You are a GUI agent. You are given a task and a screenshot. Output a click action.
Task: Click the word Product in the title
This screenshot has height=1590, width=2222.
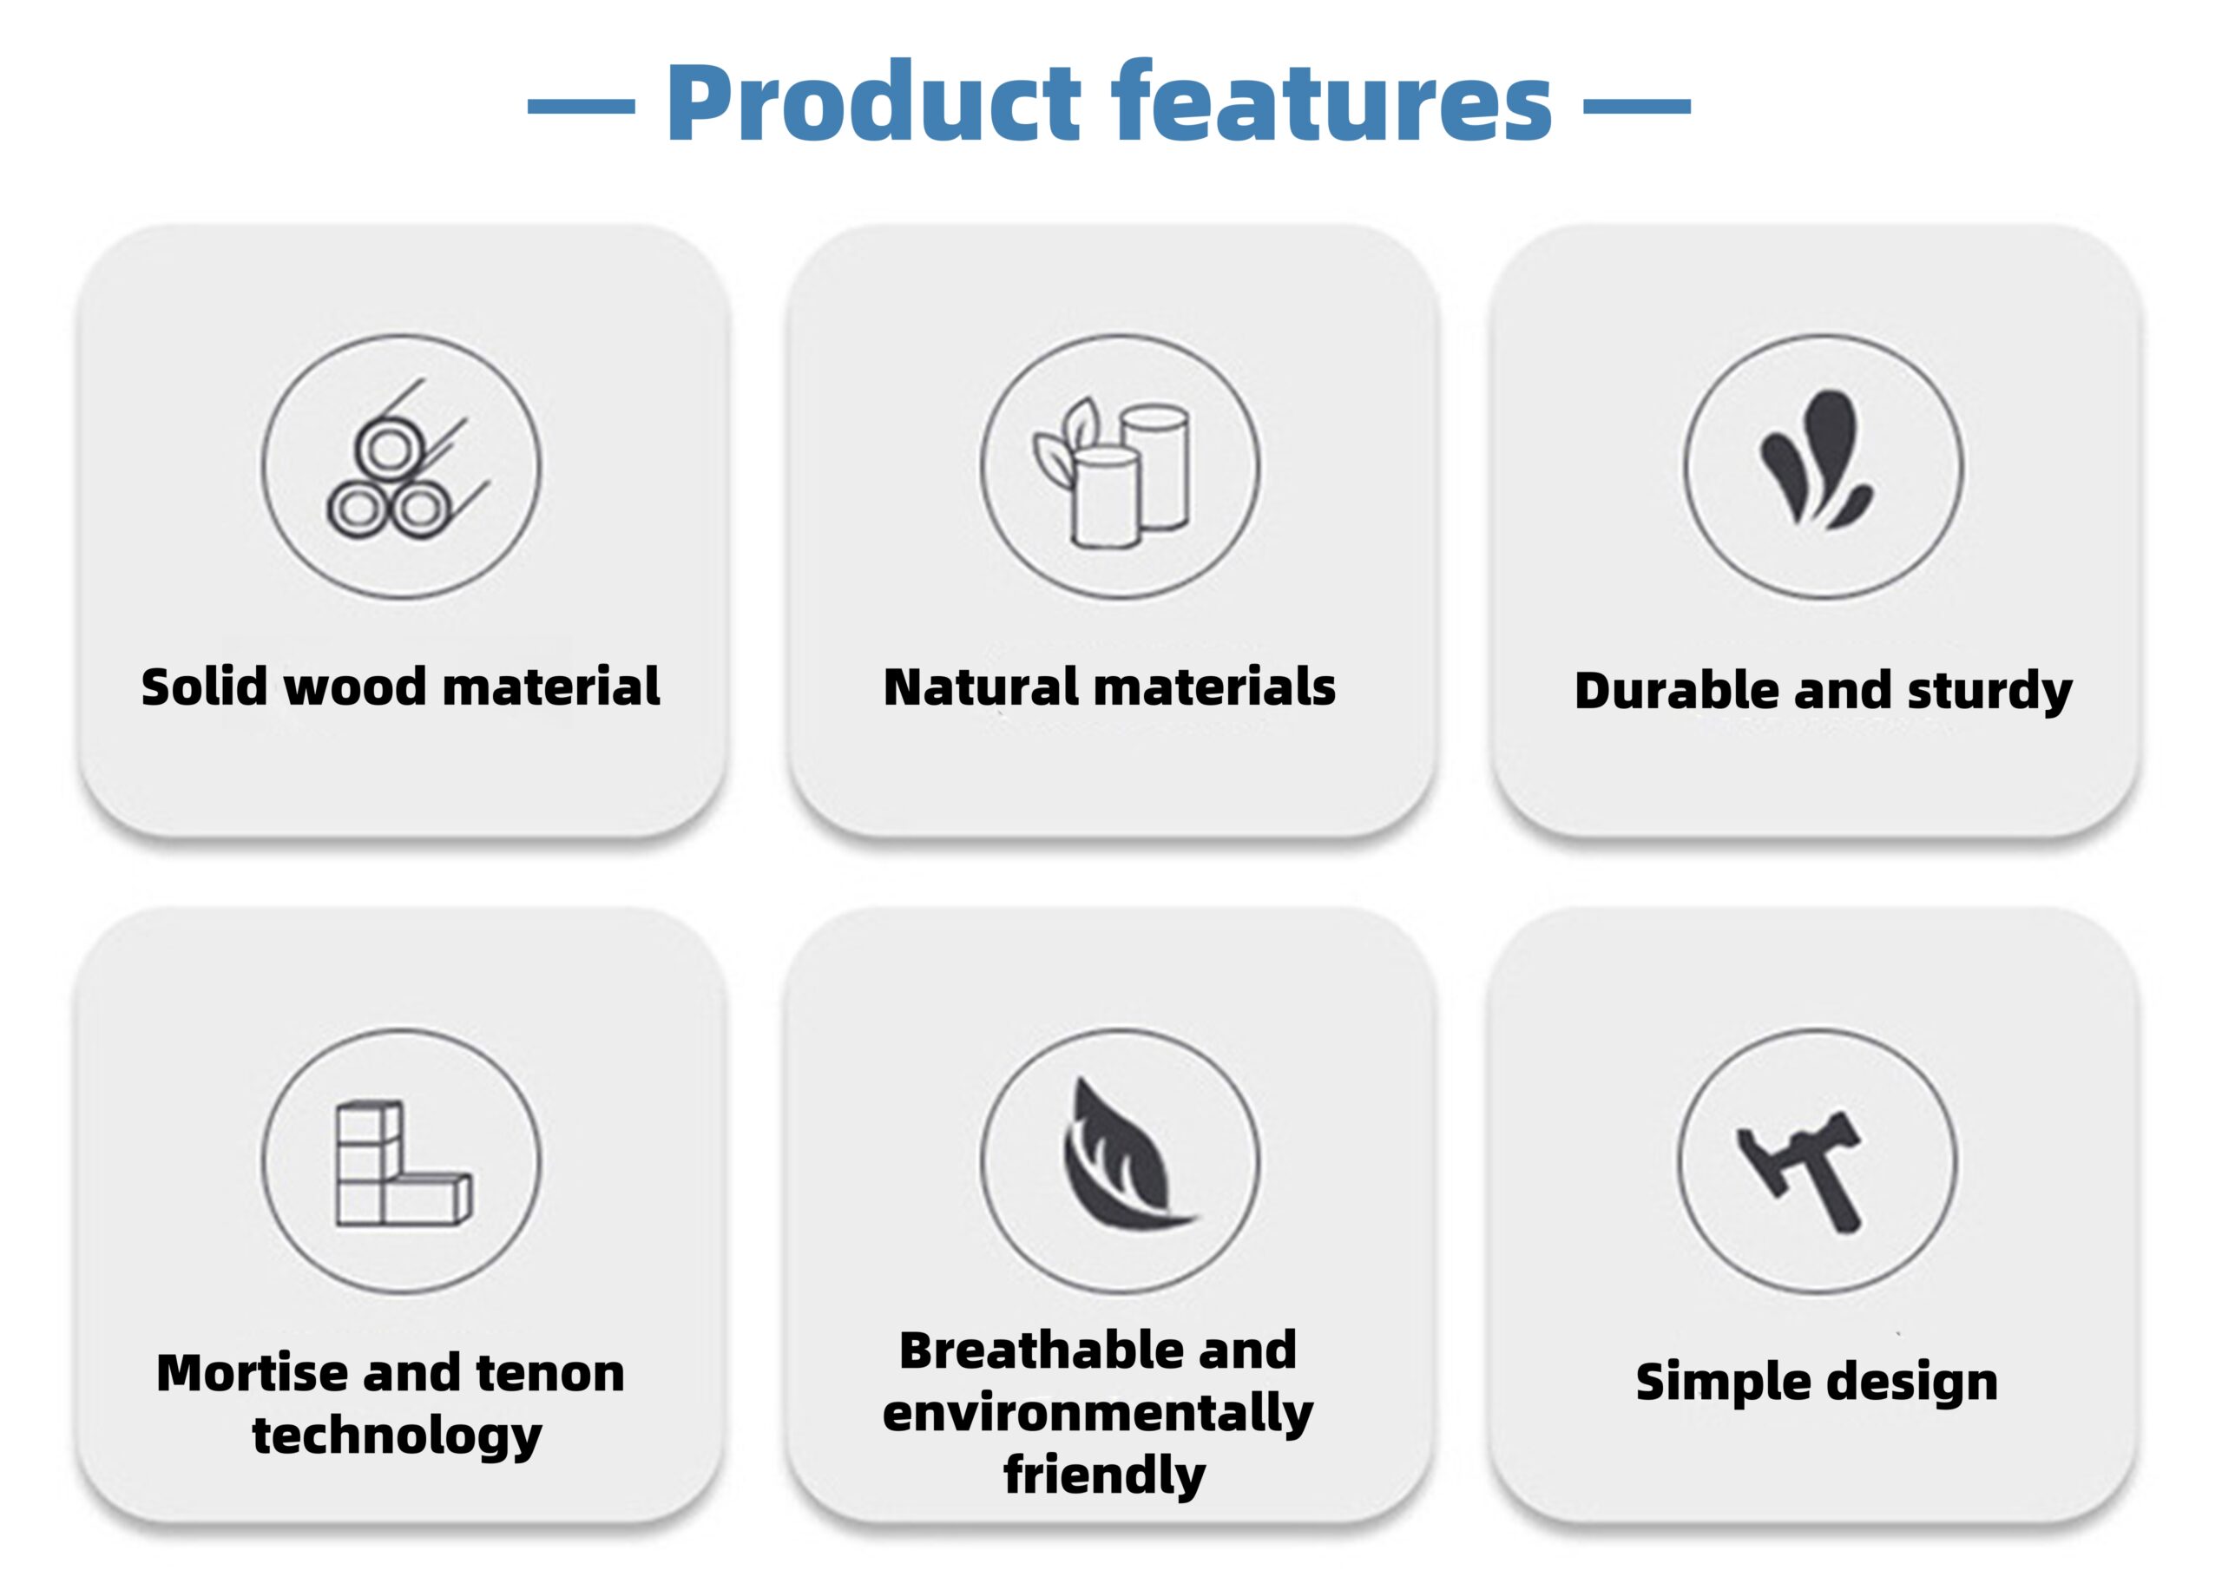(x=874, y=102)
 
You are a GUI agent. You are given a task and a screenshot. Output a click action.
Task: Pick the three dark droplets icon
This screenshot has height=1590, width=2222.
(x=1817, y=460)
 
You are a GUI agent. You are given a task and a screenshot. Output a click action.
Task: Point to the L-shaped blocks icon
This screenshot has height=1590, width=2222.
(x=403, y=1163)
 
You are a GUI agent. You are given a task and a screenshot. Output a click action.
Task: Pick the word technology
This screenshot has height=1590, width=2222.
(x=397, y=1436)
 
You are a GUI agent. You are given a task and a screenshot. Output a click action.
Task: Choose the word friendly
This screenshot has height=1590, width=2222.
(x=1105, y=1475)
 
